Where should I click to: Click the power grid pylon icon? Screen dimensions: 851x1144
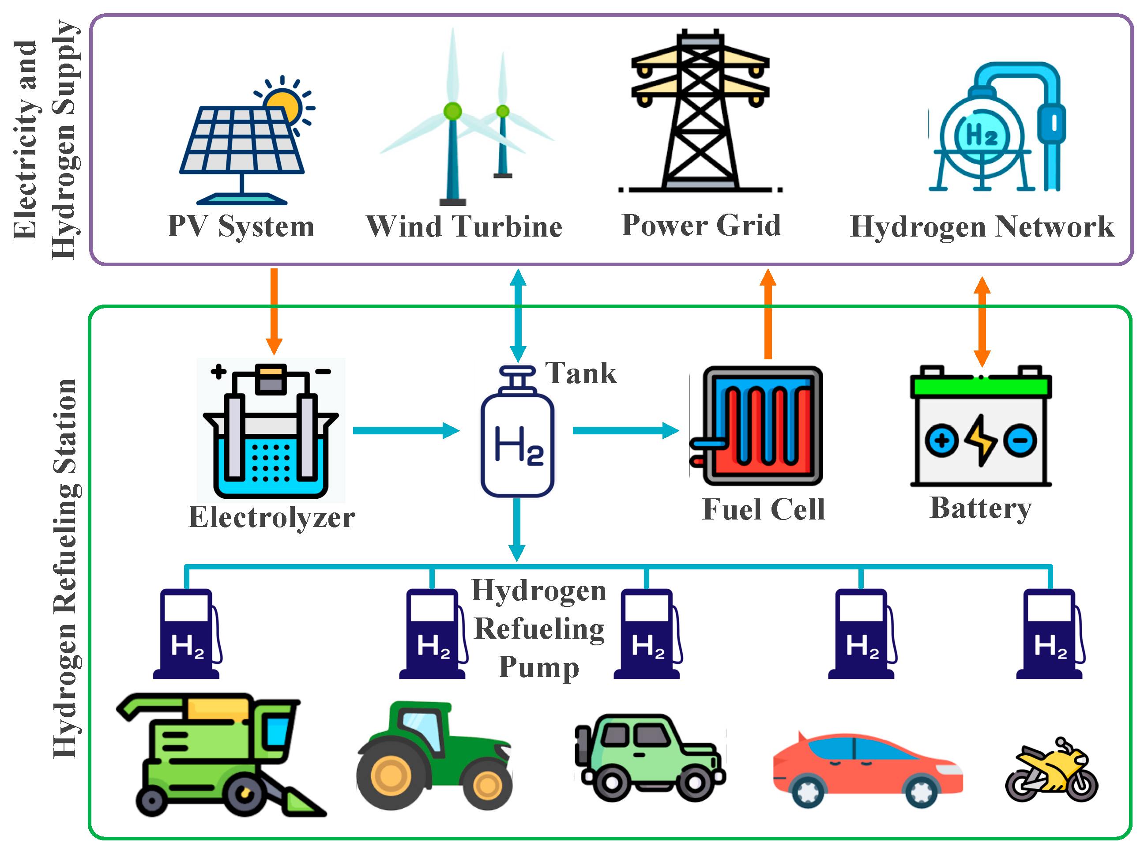pyautogui.click(x=700, y=113)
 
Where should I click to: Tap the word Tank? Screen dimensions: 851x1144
pyautogui.click(x=581, y=373)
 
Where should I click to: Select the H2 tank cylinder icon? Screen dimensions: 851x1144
pyautogui.click(x=517, y=443)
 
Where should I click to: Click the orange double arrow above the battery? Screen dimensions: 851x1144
pyautogui.click(x=982, y=322)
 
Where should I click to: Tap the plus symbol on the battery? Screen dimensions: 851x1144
pyautogui.click(x=941, y=441)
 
